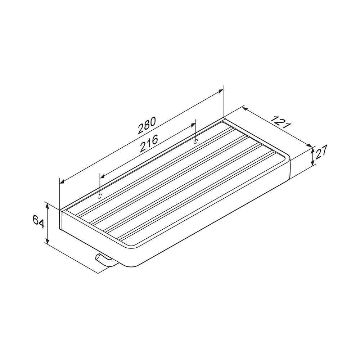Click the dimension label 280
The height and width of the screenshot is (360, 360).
click(147, 125)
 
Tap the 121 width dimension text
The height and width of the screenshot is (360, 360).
click(280, 122)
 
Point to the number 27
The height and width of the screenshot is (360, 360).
click(321, 152)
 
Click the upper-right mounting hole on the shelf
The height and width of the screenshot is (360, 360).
click(195, 141)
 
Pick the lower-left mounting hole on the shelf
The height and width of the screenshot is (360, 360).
click(100, 196)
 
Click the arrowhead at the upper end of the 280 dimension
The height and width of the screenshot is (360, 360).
click(220, 91)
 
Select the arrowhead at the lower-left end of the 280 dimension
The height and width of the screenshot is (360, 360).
click(62, 181)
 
